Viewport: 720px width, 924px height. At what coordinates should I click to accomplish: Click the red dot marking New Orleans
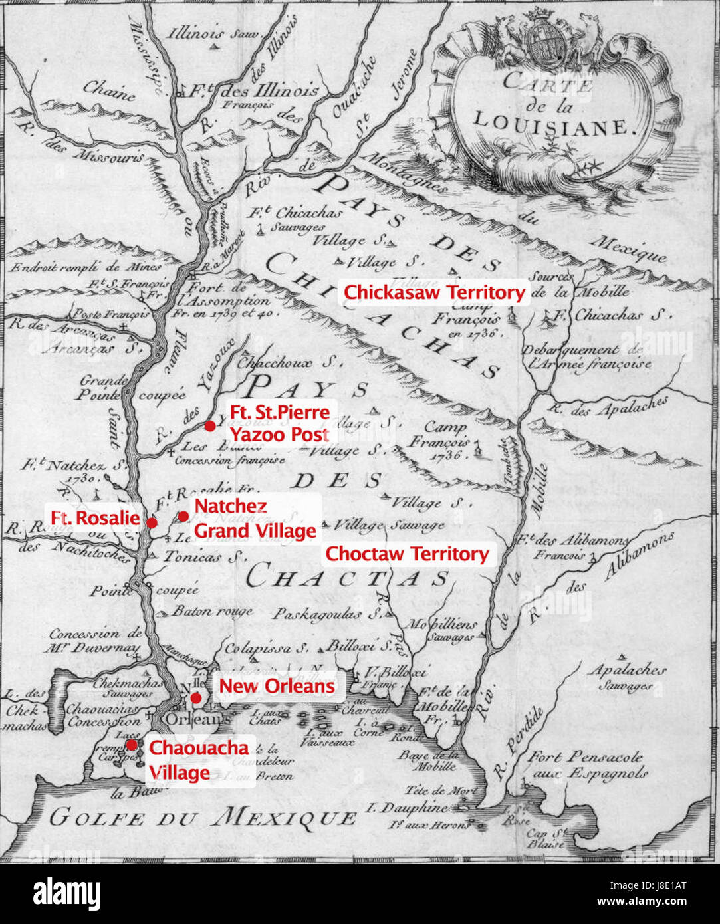coord(195,697)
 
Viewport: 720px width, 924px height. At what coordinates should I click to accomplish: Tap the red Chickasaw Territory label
coord(434,292)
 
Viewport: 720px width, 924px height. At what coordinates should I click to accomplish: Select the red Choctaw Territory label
coord(407,554)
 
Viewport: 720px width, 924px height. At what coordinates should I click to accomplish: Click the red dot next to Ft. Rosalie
coord(152,522)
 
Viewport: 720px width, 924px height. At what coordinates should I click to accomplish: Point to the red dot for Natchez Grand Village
coord(183,517)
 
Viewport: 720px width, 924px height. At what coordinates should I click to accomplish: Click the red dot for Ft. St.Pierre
coord(209,425)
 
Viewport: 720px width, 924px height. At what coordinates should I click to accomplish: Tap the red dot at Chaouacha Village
coord(132,745)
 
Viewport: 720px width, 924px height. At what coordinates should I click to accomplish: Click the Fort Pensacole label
coord(585,757)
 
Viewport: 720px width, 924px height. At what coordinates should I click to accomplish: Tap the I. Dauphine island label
coord(406,808)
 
